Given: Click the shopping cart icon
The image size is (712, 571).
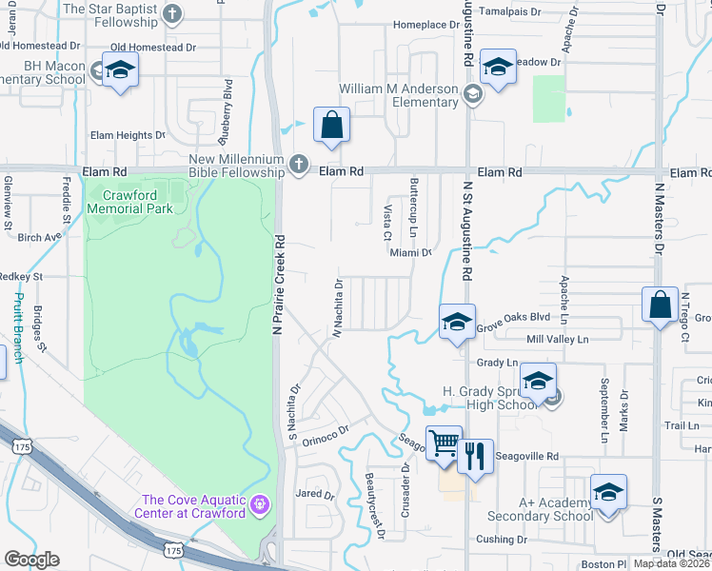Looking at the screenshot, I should (444, 443).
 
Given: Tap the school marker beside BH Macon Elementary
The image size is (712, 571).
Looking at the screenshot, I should (121, 69).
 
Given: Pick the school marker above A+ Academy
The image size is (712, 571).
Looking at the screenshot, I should (608, 492).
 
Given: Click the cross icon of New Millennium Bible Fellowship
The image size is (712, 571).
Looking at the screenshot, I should (298, 165).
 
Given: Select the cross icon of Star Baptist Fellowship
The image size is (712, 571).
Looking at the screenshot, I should (171, 13).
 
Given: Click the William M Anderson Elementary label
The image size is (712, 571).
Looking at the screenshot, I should (400, 95).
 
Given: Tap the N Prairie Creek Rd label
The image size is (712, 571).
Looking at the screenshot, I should (278, 285).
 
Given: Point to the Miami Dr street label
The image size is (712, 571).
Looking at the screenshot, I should (410, 253).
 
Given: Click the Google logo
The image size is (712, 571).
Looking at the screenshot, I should (32, 560).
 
